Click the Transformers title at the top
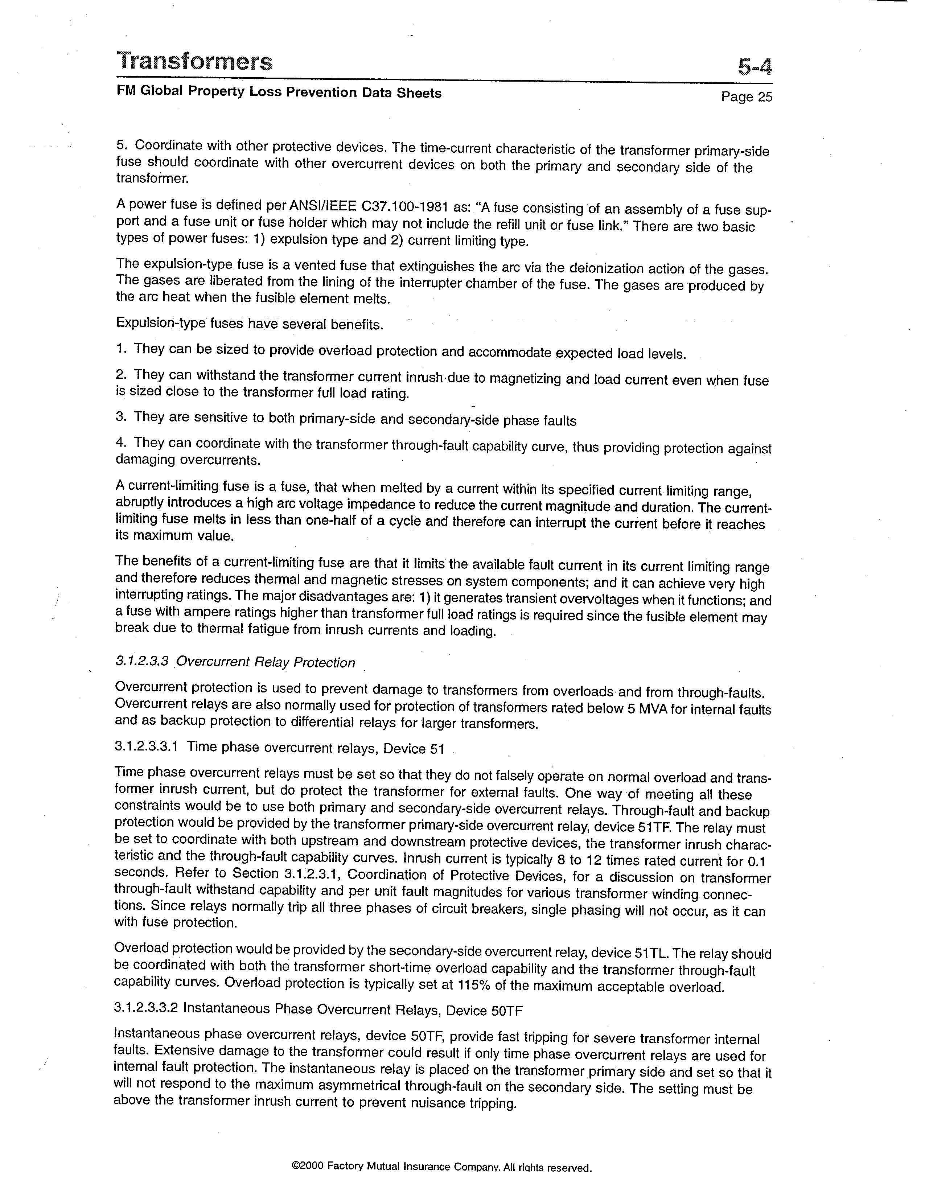click(194, 61)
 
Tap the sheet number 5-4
click(754, 67)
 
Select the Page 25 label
click(747, 97)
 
